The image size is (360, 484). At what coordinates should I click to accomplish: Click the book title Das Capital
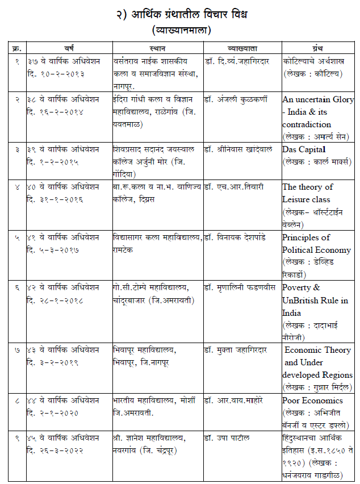(x=304, y=149)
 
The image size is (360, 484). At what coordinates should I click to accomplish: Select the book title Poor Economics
(x=312, y=400)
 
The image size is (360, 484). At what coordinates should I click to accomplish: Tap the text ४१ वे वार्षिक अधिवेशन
(x=62, y=237)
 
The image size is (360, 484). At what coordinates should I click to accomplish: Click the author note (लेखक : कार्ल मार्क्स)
(x=314, y=162)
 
